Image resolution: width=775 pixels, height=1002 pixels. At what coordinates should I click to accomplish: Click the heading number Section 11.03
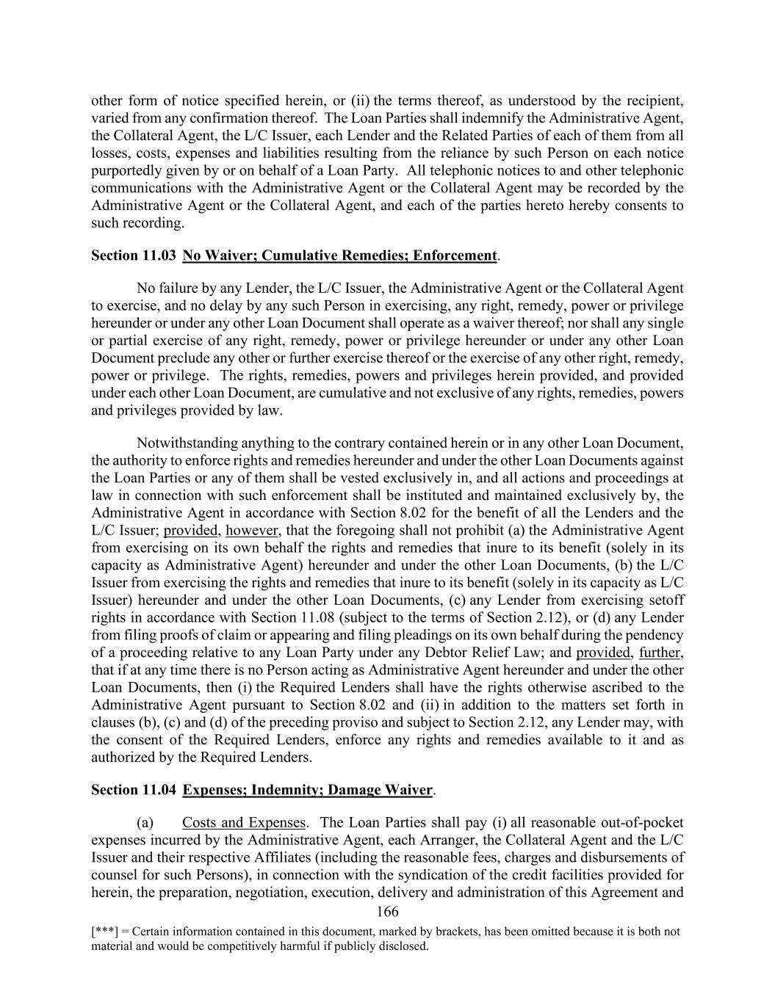pyautogui.click(x=133, y=255)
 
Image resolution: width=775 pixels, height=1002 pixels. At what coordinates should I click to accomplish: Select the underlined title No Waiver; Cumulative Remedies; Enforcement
pyautogui.click(x=339, y=255)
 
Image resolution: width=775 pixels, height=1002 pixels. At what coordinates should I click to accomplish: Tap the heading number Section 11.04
pyautogui.click(x=133, y=790)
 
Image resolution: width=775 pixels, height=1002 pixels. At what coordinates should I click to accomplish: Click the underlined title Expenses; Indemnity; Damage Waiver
pyautogui.click(x=307, y=790)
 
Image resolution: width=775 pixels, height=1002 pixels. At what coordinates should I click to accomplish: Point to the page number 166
pyautogui.click(x=386, y=912)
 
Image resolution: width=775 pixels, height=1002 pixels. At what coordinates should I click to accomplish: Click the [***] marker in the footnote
pyautogui.click(x=103, y=932)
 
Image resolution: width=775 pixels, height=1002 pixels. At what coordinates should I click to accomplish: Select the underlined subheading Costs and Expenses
pyautogui.click(x=243, y=823)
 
